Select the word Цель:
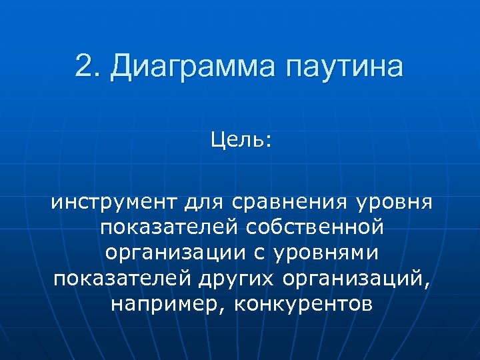(241, 140)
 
